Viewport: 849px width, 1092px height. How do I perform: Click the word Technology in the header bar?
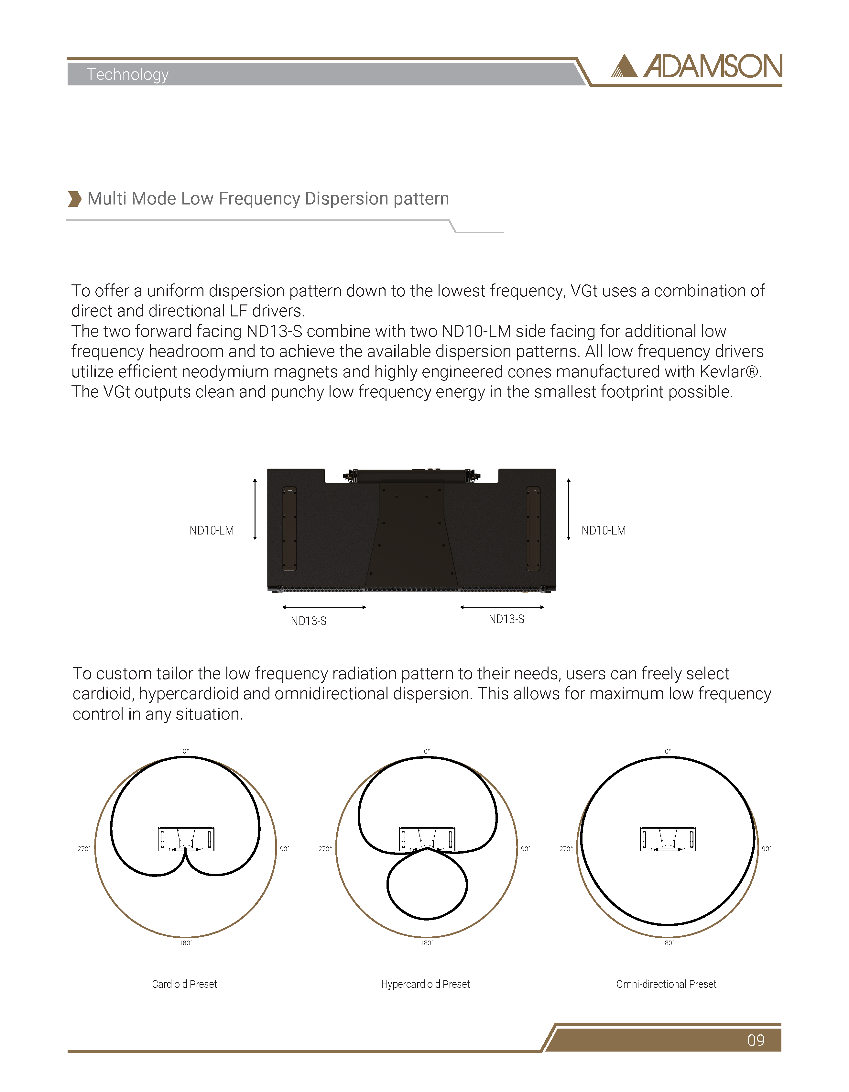pos(127,74)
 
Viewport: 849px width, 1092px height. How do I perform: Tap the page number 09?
pos(756,1040)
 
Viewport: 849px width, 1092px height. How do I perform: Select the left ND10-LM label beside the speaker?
pos(212,531)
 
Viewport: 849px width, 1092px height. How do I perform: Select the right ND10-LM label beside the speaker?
pos(603,531)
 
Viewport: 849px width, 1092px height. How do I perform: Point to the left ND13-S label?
pos(308,621)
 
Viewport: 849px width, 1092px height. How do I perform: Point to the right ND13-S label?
pos(506,619)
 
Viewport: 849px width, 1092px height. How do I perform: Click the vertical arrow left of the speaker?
pos(255,509)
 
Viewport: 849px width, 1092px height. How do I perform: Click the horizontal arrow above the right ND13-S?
pos(502,607)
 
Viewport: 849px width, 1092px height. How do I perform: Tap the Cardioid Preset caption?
pos(184,984)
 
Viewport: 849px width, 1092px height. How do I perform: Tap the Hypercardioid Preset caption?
pos(425,984)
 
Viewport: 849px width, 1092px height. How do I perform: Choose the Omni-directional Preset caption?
pos(666,984)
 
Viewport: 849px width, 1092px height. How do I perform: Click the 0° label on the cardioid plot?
pos(185,751)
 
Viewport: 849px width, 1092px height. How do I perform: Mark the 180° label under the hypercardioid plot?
pos(426,943)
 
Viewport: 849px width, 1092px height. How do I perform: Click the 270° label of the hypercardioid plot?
pos(325,848)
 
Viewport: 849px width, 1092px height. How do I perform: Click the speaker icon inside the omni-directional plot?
pos(668,839)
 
